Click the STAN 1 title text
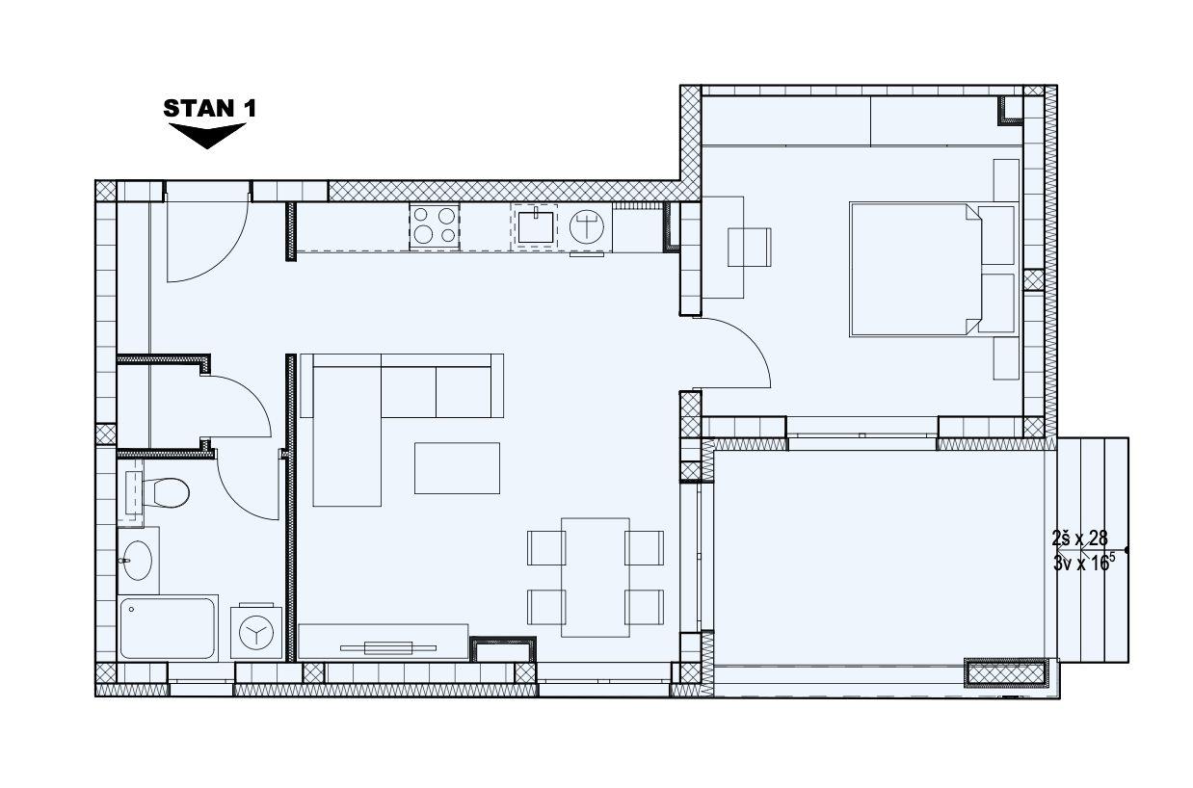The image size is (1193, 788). click(210, 109)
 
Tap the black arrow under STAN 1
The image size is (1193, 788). click(207, 136)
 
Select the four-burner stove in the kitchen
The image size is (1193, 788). click(434, 226)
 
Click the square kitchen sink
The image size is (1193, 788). click(535, 226)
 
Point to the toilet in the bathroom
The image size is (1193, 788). click(165, 492)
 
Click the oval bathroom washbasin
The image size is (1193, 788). click(138, 560)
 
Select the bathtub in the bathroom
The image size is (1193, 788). click(168, 628)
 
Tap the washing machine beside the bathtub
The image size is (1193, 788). click(256, 632)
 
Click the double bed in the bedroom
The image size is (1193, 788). click(916, 270)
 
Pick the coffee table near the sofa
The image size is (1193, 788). click(457, 468)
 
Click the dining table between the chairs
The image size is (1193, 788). click(595, 578)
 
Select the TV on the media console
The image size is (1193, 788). click(388, 648)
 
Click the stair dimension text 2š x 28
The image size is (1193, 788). click(1079, 538)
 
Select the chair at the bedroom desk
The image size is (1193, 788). click(750, 247)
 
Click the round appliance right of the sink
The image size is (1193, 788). click(586, 227)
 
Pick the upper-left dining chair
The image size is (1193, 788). click(546, 547)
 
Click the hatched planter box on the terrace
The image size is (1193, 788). click(1005, 673)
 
